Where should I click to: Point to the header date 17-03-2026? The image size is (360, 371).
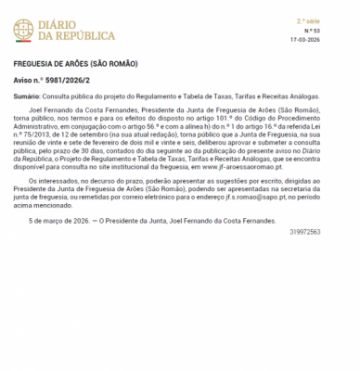coord(330,41)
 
